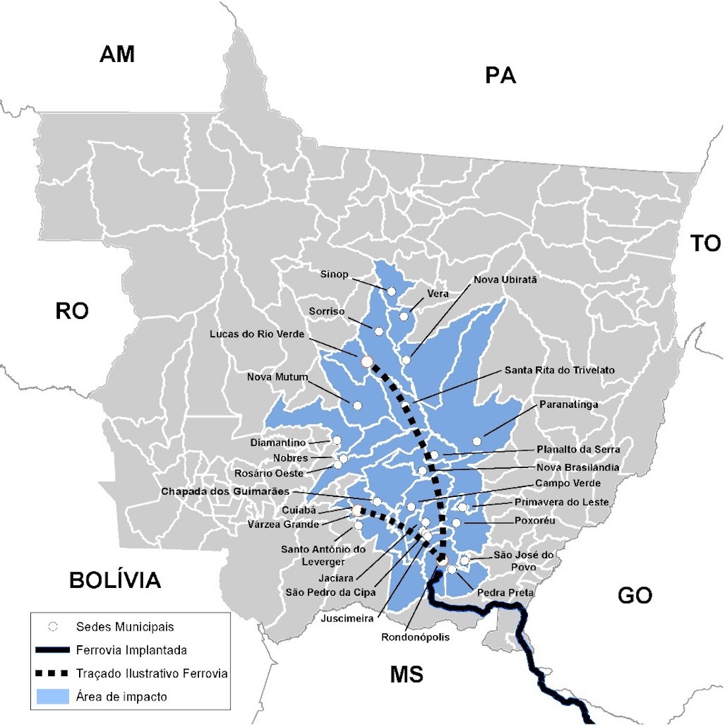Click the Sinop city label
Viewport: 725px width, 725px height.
tap(334, 274)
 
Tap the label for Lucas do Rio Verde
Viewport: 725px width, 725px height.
tap(257, 334)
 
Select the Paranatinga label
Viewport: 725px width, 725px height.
tap(569, 404)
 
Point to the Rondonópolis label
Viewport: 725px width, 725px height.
tap(415, 637)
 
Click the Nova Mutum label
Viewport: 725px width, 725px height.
tap(277, 377)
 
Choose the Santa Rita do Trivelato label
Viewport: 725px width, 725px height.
tap(560, 370)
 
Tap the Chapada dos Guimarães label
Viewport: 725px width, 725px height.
tap(225, 492)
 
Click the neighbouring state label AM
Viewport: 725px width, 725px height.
tap(117, 54)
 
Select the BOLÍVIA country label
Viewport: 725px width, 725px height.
tap(115, 580)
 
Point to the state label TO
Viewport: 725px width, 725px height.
tap(705, 243)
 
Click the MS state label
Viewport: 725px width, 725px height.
tap(407, 674)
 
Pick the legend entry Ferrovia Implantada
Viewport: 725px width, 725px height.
tap(131, 650)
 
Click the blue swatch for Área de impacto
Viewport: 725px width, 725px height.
tap(53, 697)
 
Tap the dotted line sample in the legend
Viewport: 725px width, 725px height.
tap(53, 674)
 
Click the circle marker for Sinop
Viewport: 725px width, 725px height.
tap(391, 291)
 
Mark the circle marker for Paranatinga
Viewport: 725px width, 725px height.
tap(477, 441)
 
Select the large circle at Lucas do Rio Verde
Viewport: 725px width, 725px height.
tap(367, 361)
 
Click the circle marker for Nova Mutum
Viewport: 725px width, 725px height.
tap(357, 405)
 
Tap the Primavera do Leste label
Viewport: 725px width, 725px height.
tap(562, 502)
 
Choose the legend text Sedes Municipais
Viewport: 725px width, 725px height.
tap(125, 627)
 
